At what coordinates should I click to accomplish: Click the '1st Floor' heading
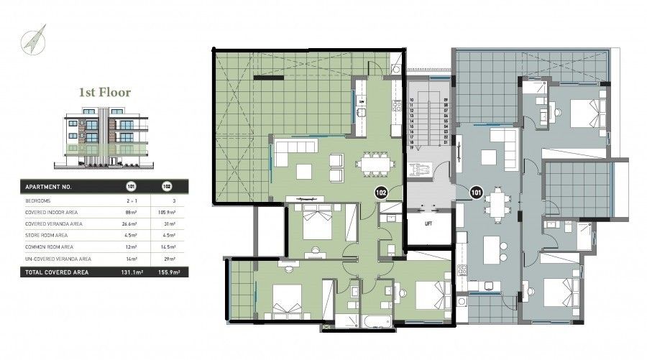click(105, 93)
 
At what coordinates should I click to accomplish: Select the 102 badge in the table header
click(168, 187)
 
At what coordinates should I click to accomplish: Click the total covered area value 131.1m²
click(130, 273)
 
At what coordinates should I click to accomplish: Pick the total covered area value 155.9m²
click(168, 273)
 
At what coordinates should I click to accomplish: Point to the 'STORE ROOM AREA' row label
click(47, 235)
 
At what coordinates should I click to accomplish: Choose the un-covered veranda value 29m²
click(168, 258)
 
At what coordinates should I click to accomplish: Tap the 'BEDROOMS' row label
click(39, 200)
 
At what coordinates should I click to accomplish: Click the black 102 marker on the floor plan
click(381, 192)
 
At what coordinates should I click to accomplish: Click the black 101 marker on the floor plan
click(475, 192)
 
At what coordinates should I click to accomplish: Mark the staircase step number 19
click(413, 147)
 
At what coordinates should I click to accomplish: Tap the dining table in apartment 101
click(495, 203)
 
